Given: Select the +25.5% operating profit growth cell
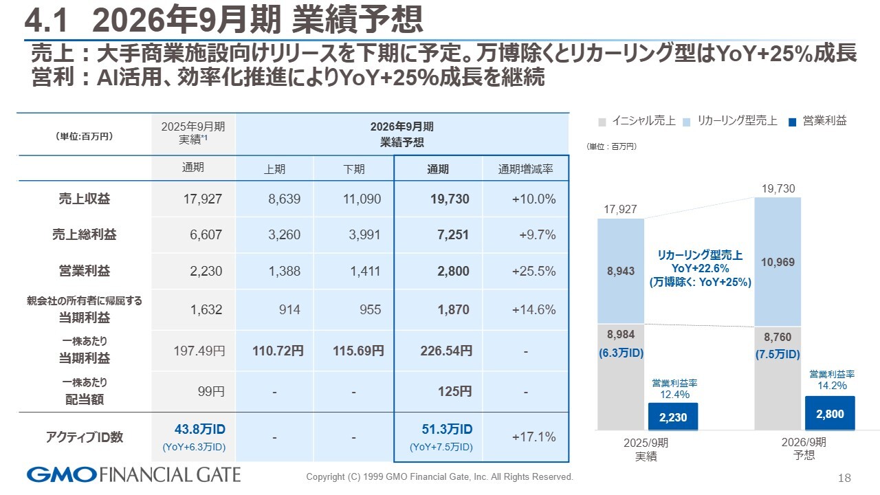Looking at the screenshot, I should pos(533,271).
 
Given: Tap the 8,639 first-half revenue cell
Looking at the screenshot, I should pos(284,199).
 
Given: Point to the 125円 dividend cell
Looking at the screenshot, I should pos(454,392).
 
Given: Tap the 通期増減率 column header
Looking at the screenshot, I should pos(525,169).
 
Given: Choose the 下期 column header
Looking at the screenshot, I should pos(353,169).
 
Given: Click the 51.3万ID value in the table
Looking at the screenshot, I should pos(447,430).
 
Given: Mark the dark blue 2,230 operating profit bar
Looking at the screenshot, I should pos(673,417).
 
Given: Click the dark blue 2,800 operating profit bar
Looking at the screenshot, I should pos(830,413).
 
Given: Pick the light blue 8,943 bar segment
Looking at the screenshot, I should pos(621,271).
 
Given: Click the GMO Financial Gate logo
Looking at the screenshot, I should pos(134,474).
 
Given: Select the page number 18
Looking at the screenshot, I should pos(845,478).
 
